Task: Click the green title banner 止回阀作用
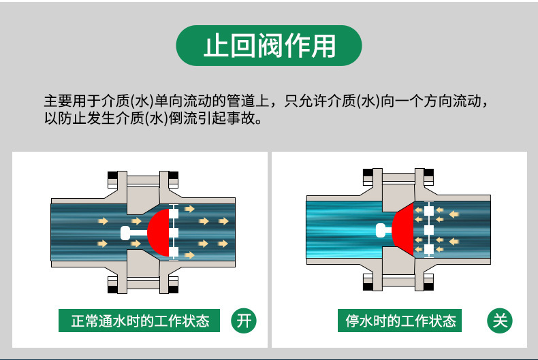tap(269, 46)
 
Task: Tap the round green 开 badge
tap(242, 321)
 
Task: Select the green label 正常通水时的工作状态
tap(140, 321)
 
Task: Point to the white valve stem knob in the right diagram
tap(381, 230)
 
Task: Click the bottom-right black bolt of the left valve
tap(174, 287)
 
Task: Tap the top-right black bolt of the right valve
tap(428, 180)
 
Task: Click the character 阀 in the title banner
tap(269, 46)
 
